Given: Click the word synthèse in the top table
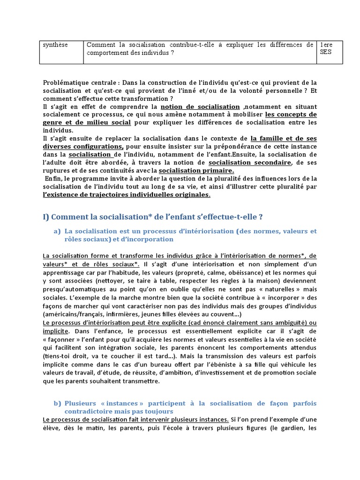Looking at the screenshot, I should (x=55, y=45).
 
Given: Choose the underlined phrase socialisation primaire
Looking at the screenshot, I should (x=196, y=170).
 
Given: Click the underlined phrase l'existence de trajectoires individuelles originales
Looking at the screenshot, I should (x=127, y=195).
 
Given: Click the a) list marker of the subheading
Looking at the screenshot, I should (x=57, y=231).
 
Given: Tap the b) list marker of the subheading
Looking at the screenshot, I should (x=57, y=404).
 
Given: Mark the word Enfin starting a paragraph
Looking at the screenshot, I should (x=54, y=179).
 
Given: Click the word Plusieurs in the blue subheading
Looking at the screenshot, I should (x=81, y=404).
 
